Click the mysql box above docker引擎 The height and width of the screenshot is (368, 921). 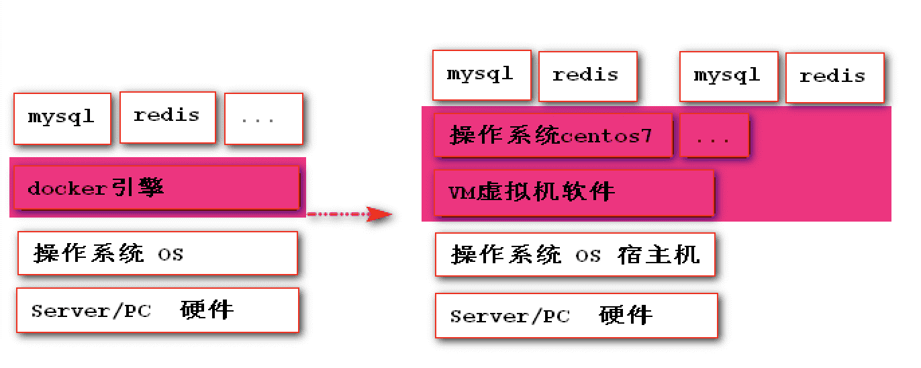tap(62, 119)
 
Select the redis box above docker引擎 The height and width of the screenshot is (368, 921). tap(167, 117)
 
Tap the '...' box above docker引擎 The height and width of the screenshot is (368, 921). tap(263, 119)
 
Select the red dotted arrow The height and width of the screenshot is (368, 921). tap(349, 215)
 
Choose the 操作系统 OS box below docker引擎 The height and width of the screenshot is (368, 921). tap(157, 253)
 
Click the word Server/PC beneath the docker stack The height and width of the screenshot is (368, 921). tap(91, 312)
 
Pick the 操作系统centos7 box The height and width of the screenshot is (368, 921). tap(552, 136)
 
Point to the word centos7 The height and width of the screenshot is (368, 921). tap(606, 137)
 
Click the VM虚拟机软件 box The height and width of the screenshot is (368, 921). tap(573, 193)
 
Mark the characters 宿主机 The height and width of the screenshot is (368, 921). tap(659, 255)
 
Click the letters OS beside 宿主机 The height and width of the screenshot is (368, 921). tap(588, 256)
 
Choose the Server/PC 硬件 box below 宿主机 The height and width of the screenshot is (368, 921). tap(576, 315)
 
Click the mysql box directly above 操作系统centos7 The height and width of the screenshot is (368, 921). tap(481, 75)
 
